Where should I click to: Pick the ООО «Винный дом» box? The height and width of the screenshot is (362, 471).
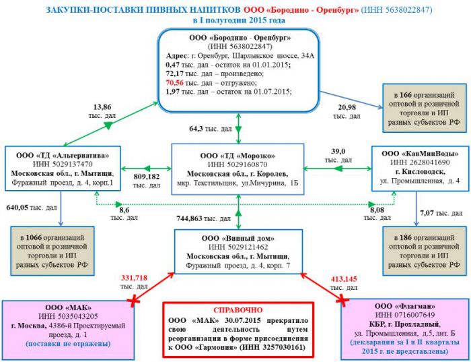click(240, 251)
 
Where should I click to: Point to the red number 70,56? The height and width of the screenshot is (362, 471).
click(175, 82)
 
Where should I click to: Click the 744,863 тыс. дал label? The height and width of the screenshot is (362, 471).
click(198, 218)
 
